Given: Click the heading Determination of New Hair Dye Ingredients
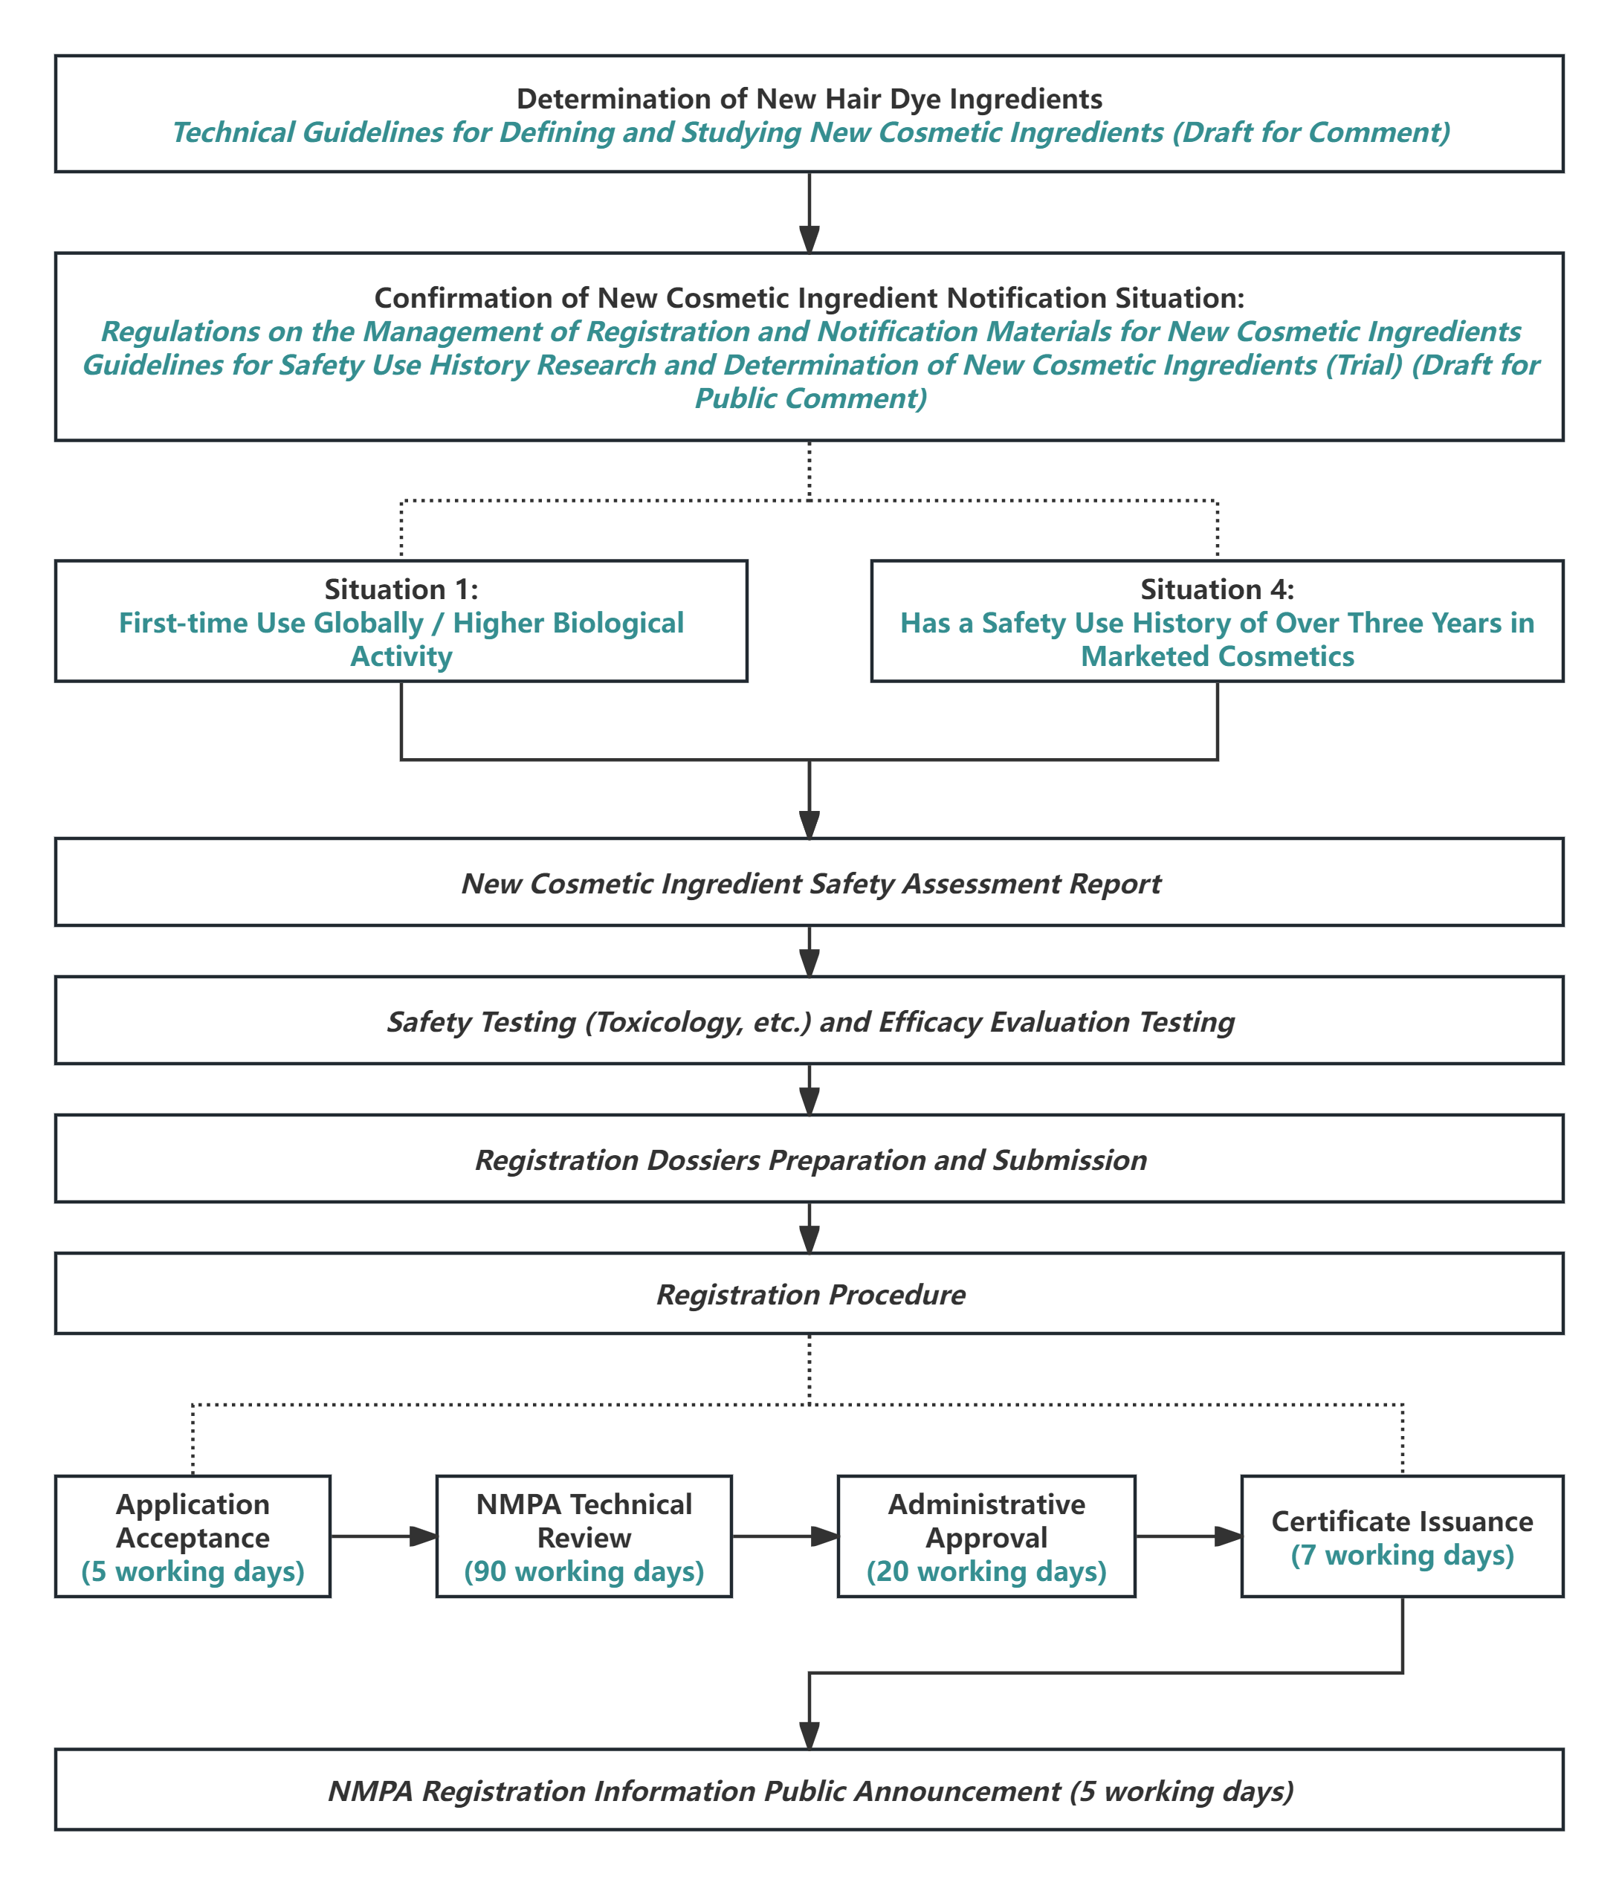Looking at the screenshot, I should (x=809, y=98).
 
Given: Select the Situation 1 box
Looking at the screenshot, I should (x=401, y=621).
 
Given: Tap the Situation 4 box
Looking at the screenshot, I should (x=1217, y=621).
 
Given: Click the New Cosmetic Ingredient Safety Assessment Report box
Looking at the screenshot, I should (x=809, y=882).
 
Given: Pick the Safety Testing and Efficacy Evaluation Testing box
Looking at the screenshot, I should (x=809, y=1021).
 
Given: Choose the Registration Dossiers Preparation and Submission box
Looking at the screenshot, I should (x=809, y=1159).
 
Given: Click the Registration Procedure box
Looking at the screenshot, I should (x=809, y=1293).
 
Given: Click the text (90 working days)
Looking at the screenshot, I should (x=584, y=1571).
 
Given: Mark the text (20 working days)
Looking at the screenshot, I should (x=986, y=1571).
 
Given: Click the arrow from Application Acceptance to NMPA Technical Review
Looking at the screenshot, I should (x=383, y=1536).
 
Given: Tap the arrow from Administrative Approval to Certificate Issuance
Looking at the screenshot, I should (x=1188, y=1536).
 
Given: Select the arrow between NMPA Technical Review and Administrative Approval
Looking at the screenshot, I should (x=784, y=1536).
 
